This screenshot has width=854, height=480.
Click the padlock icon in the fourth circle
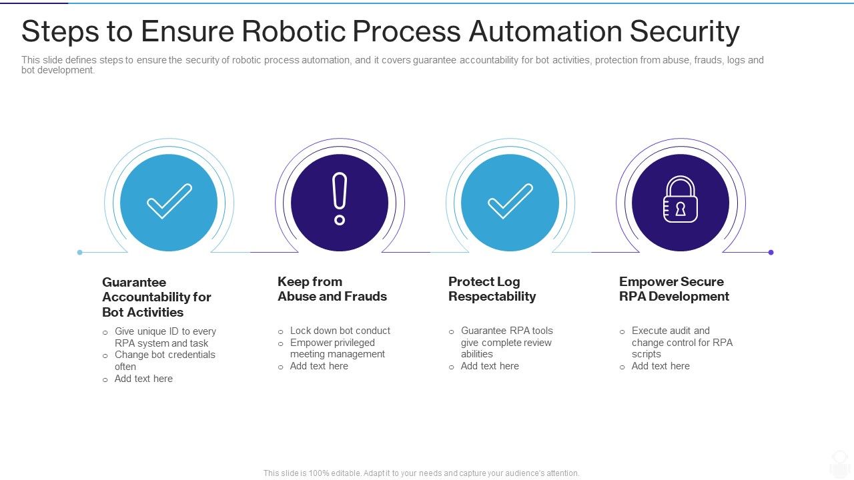tap(680, 199)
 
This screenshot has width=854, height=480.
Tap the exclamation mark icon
tap(340, 199)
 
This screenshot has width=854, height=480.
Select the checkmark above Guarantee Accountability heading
tap(169, 201)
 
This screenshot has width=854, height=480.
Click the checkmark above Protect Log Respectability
tap(510, 201)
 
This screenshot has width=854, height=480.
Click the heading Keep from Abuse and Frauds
tap(332, 289)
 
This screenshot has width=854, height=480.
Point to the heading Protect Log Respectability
tap(492, 289)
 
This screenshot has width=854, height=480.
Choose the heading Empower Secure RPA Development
tap(674, 289)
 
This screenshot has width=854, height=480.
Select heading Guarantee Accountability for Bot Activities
tap(157, 297)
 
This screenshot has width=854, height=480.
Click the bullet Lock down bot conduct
tap(340, 331)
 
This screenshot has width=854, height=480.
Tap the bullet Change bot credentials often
tap(164, 361)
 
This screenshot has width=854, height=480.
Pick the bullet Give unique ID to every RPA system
tap(165, 337)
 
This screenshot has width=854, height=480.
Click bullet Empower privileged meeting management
tap(337, 349)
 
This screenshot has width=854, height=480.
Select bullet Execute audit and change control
tap(681, 343)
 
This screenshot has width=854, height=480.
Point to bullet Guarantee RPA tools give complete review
tap(506, 343)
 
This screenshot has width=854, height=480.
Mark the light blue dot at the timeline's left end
tap(80, 253)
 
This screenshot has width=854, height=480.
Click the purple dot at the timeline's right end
tap(771, 253)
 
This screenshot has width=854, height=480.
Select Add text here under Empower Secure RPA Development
tap(661, 366)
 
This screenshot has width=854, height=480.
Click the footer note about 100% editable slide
tap(421, 473)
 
